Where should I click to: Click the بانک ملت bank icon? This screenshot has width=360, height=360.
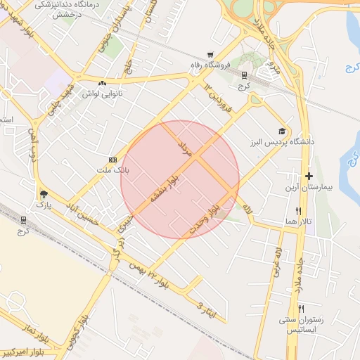point(112,160)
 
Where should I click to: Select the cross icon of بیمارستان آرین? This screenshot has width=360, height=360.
point(309,175)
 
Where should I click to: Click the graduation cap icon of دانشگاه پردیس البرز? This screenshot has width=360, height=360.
point(282,131)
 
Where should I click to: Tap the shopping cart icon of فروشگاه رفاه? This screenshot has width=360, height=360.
point(210,55)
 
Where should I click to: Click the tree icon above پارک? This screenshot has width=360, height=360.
point(44,194)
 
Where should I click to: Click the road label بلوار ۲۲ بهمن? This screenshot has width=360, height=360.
point(149,272)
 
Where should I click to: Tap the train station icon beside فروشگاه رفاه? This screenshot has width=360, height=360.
point(244,75)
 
